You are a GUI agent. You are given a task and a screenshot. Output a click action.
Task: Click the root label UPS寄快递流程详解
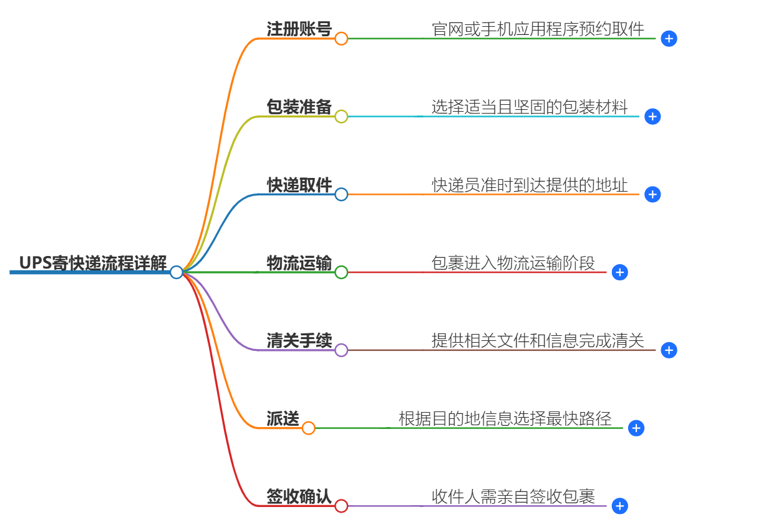pos(92,263)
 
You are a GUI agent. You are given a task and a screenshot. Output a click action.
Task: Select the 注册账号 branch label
pos(299,29)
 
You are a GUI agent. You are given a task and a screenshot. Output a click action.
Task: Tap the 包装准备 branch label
pos(299,107)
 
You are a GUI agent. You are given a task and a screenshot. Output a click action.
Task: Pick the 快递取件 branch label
pos(299,185)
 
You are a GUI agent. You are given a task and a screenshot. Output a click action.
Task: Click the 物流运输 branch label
pos(299,263)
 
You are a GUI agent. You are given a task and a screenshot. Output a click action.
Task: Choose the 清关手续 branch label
pos(299,340)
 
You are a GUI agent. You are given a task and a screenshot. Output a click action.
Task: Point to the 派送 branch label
pos(283,418)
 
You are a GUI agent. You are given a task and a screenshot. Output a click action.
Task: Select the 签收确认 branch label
pos(299,496)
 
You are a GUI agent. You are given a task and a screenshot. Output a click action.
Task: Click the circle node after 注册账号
pos(341,39)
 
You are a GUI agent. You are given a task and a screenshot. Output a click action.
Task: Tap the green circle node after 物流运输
pos(341,272)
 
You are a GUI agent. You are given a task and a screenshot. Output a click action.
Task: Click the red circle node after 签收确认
pos(341,506)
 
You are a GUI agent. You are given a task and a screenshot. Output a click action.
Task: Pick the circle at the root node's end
pos(177,272)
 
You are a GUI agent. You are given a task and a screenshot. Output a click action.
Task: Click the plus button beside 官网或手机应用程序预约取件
pos(669,39)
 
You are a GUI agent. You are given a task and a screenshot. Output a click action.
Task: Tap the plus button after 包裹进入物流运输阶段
pos(619,272)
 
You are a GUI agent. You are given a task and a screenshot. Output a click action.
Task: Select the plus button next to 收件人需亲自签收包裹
pos(619,506)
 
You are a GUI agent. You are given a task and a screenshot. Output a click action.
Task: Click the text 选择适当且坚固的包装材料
pos(529,107)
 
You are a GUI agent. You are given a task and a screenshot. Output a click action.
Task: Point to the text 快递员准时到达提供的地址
pos(529,185)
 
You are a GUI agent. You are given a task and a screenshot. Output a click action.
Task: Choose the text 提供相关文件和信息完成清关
pos(537,340)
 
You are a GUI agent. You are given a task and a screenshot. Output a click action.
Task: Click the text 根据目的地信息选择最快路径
pos(505,418)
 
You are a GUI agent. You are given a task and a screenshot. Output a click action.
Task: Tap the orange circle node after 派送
pos(309,428)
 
